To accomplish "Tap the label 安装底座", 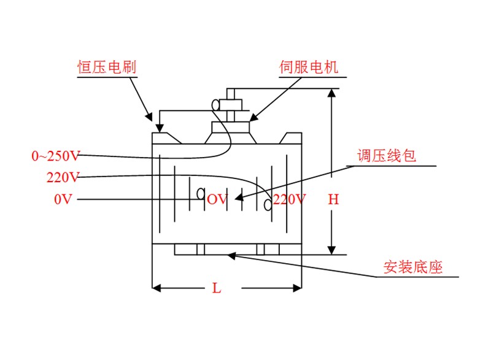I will pyautogui.click(x=413, y=267).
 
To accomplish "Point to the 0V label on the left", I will pyautogui.click(x=63, y=199).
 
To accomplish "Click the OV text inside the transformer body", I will pyautogui.click(x=217, y=199).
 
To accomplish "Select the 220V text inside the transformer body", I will pyautogui.click(x=289, y=199).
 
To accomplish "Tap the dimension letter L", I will pyautogui.click(x=216, y=288).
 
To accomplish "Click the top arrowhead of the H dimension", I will pyautogui.click(x=332, y=94).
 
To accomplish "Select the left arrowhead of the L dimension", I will pyautogui.click(x=157, y=287).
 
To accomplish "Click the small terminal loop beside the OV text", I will pyautogui.click(x=201, y=194).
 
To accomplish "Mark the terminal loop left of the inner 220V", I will pyautogui.click(x=268, y=204).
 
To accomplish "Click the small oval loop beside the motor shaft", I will pyautogui.click(x=216, y=105).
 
